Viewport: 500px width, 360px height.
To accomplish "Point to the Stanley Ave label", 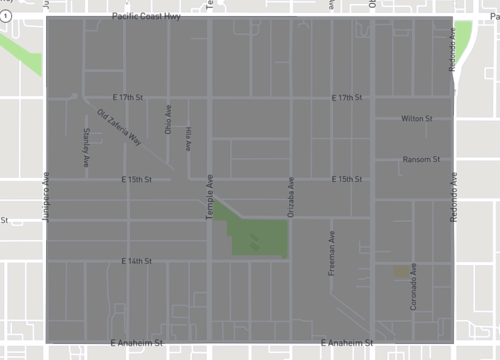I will click(x=87, y=147).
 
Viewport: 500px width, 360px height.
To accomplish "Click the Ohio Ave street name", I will click(x=168, y=121).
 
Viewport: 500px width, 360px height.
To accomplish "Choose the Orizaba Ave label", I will click(x=291, y=200).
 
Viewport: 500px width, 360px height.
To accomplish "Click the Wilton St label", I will click(x=415, y=118).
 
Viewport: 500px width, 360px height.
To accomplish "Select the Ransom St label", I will click(x=417, y=159).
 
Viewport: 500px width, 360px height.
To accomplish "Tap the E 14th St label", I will click(x=136, y=260).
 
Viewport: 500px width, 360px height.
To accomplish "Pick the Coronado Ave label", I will click(x=413, y=286).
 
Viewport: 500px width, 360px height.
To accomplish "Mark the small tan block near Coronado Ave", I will click(x=401, y=270).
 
